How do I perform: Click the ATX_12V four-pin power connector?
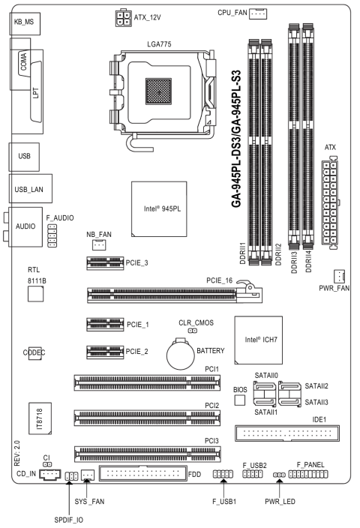coord(123,18)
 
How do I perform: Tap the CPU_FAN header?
coord(257,13)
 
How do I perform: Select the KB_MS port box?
coord(25,23)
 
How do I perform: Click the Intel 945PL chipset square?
coord(159,209)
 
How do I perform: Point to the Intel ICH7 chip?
coord(258,340)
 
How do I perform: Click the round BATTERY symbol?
coord(181,355)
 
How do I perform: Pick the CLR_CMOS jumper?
coord(192,331)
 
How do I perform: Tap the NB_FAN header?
coord(99,244)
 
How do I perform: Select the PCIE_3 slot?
coord(105,263)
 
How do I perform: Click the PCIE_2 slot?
coord(105,352)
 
